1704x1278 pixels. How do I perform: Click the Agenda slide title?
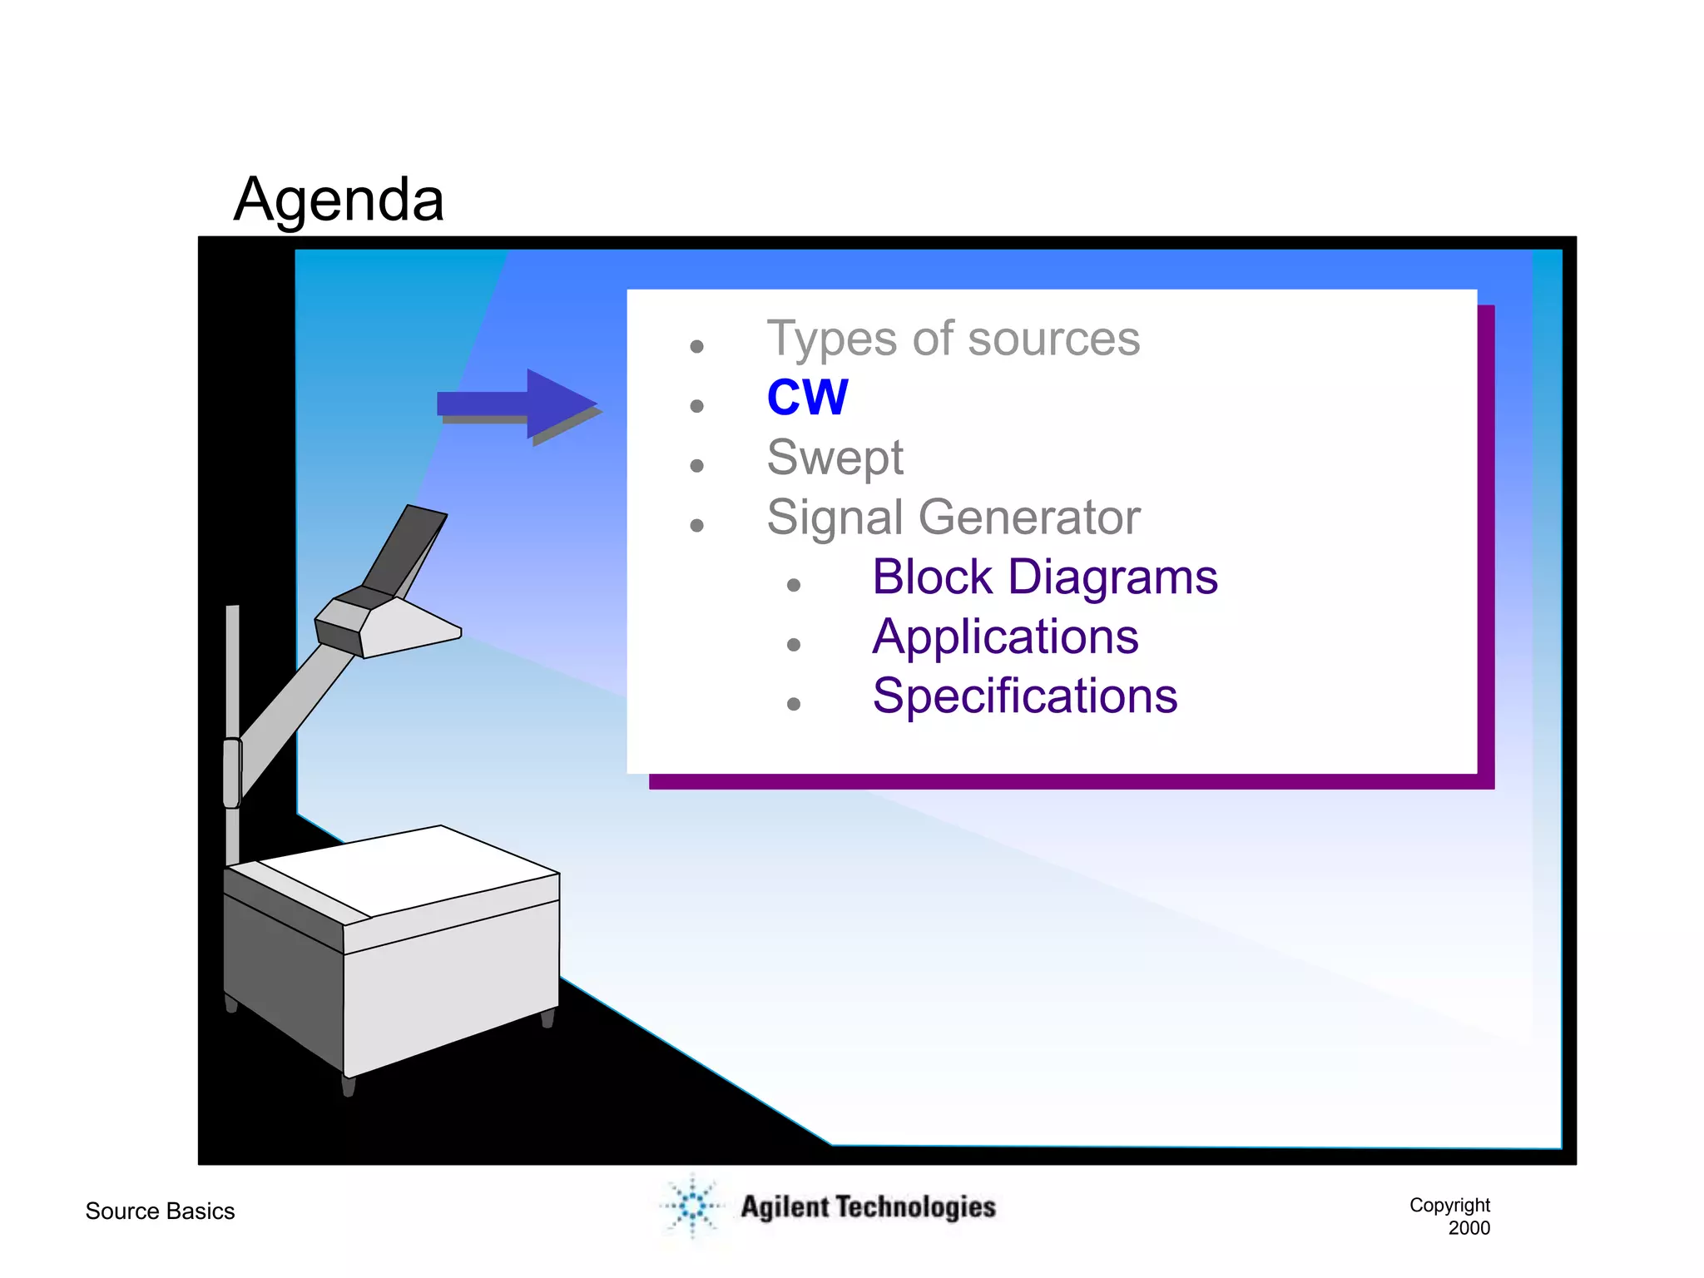coord(339,200)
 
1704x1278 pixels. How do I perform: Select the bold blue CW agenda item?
coord(807,398)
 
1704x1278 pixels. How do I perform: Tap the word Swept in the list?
coord(835,458)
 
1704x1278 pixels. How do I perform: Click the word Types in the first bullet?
coord(832,339)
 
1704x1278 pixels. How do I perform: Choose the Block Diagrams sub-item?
coord(1044,577)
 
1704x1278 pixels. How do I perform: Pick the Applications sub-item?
coord(1005,637)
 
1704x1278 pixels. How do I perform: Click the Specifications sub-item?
coord(1024,696)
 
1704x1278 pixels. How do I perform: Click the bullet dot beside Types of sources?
coord(697,346)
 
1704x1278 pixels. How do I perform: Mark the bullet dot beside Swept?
coord(697,465)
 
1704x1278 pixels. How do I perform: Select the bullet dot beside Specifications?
coord(794,704)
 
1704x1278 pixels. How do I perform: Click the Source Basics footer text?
coord(160,1211)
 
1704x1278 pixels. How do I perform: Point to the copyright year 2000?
coord(1469,1228)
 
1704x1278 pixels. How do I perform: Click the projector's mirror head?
coord(391,616)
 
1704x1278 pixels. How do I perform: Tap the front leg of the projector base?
coord(349,1086)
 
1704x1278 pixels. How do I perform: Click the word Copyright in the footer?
coord(1449,1205)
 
